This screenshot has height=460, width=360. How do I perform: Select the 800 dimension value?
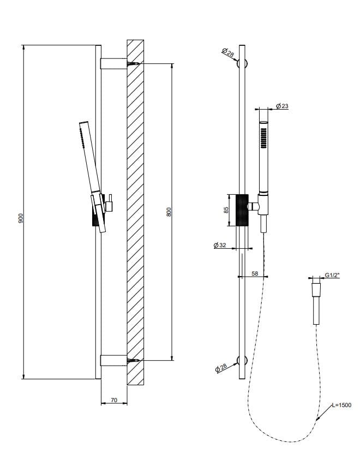(x=169, y=211)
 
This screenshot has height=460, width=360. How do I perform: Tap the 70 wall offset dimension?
(x=114, y=400)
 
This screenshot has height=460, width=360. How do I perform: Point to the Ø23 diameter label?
(x=282, y=106)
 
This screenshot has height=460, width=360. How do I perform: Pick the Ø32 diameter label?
(x=220, y=246)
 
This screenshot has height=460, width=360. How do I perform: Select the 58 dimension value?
(x=255, y=273)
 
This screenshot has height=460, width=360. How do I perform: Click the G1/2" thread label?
(x=332, y=277)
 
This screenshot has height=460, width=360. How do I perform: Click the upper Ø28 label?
(x=228, y=53)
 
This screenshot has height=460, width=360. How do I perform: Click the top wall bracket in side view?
(x=113, y=64)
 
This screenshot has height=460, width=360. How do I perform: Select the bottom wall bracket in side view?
(x=113, y=360)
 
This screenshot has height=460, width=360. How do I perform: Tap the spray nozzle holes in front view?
(x=263, y=136)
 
